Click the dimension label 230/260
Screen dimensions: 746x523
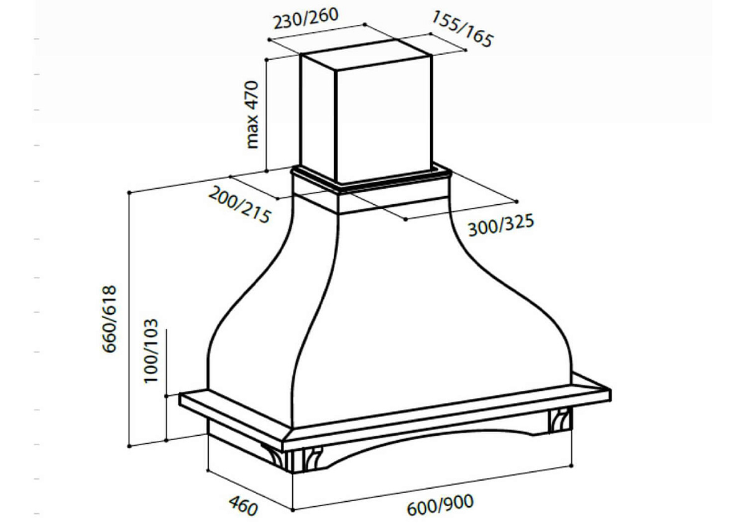[x=306, y=18]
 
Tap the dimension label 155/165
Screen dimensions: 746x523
[x=462, y=29]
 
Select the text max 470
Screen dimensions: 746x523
[x=252, y=115]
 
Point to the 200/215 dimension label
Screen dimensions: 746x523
[x=239, y=205]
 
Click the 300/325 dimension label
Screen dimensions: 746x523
[x=501, y=225]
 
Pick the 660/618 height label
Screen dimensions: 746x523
[x=109, y=319]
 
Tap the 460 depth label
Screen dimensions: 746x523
[x=243, y=506]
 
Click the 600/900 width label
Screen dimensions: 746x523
[x=440, y=506]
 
